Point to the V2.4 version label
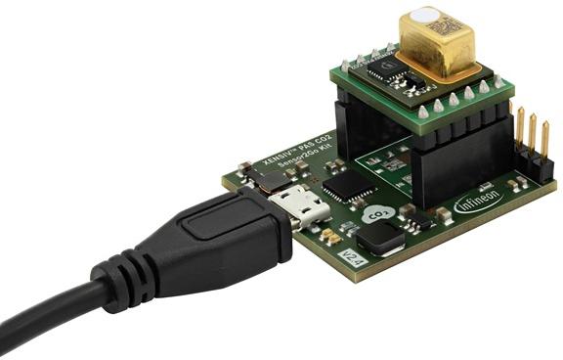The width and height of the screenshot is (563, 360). (343, 259)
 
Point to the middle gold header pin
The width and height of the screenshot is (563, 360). (530, 137)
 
